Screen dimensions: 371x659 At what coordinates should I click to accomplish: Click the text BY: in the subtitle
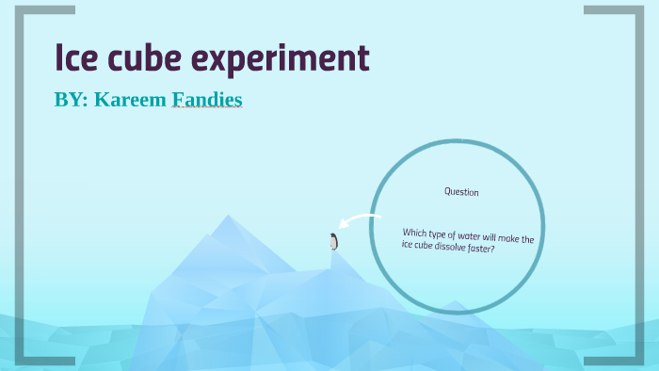(72, 99)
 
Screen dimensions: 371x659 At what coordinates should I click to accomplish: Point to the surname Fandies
(206, 99)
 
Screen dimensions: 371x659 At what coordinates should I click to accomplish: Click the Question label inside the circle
(461, 192)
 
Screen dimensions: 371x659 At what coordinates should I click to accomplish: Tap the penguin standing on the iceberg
(333, 242)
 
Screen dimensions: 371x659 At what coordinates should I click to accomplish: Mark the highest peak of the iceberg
(227, 218)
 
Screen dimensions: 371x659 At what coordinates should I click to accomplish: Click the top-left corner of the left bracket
(21, 10)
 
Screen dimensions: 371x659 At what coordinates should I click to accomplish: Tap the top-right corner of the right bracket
(637, 10)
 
